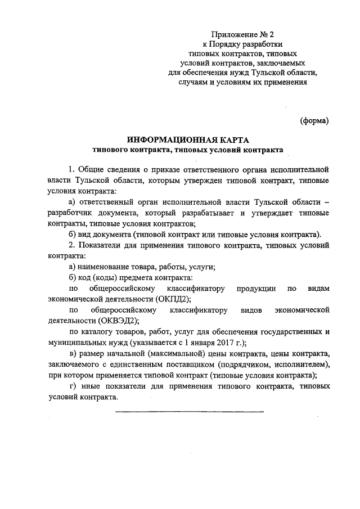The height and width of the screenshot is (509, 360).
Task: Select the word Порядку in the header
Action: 231,44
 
